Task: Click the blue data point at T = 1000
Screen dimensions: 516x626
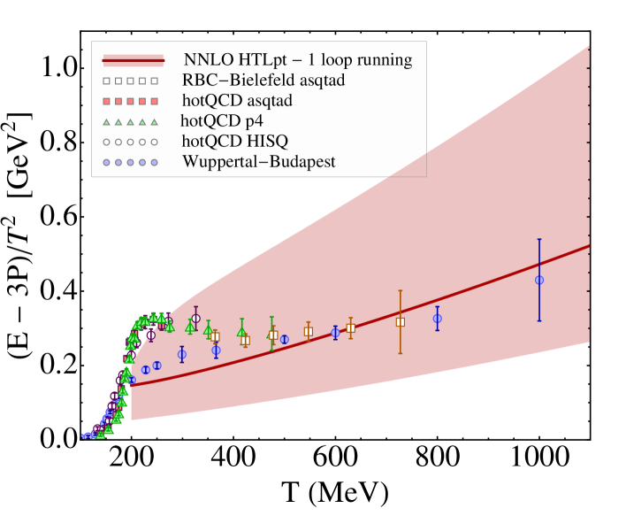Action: point(539,280)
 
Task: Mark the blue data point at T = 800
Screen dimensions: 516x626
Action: point(437,319)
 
